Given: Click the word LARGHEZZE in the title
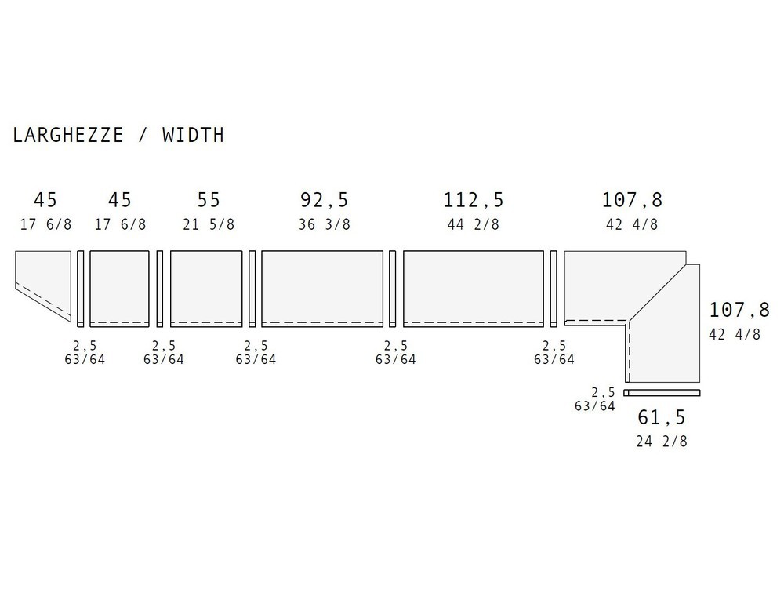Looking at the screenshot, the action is pyautogui.click(x=68, y=135).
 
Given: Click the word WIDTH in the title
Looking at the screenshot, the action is pyautogui.click(x=193, y=135).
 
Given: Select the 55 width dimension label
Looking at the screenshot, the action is pyautogui.click(x=209, y=200).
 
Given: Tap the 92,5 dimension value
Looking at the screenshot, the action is pyautogui.click(x=324, y=200).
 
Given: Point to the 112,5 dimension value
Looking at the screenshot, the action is pyautogui.click(x=474, y=200).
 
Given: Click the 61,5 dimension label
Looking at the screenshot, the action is pyautogui.click(x=662, y=417).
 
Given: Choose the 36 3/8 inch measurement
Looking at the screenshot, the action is pyautogui.click(x=325, y=224).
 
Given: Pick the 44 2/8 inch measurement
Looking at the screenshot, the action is pyautogui.click(x=474, y=224).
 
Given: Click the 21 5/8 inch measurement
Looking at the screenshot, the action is pyautogui.click(x=209, y=224).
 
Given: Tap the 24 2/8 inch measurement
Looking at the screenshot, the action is pyautogui.click(x=662, y=442).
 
